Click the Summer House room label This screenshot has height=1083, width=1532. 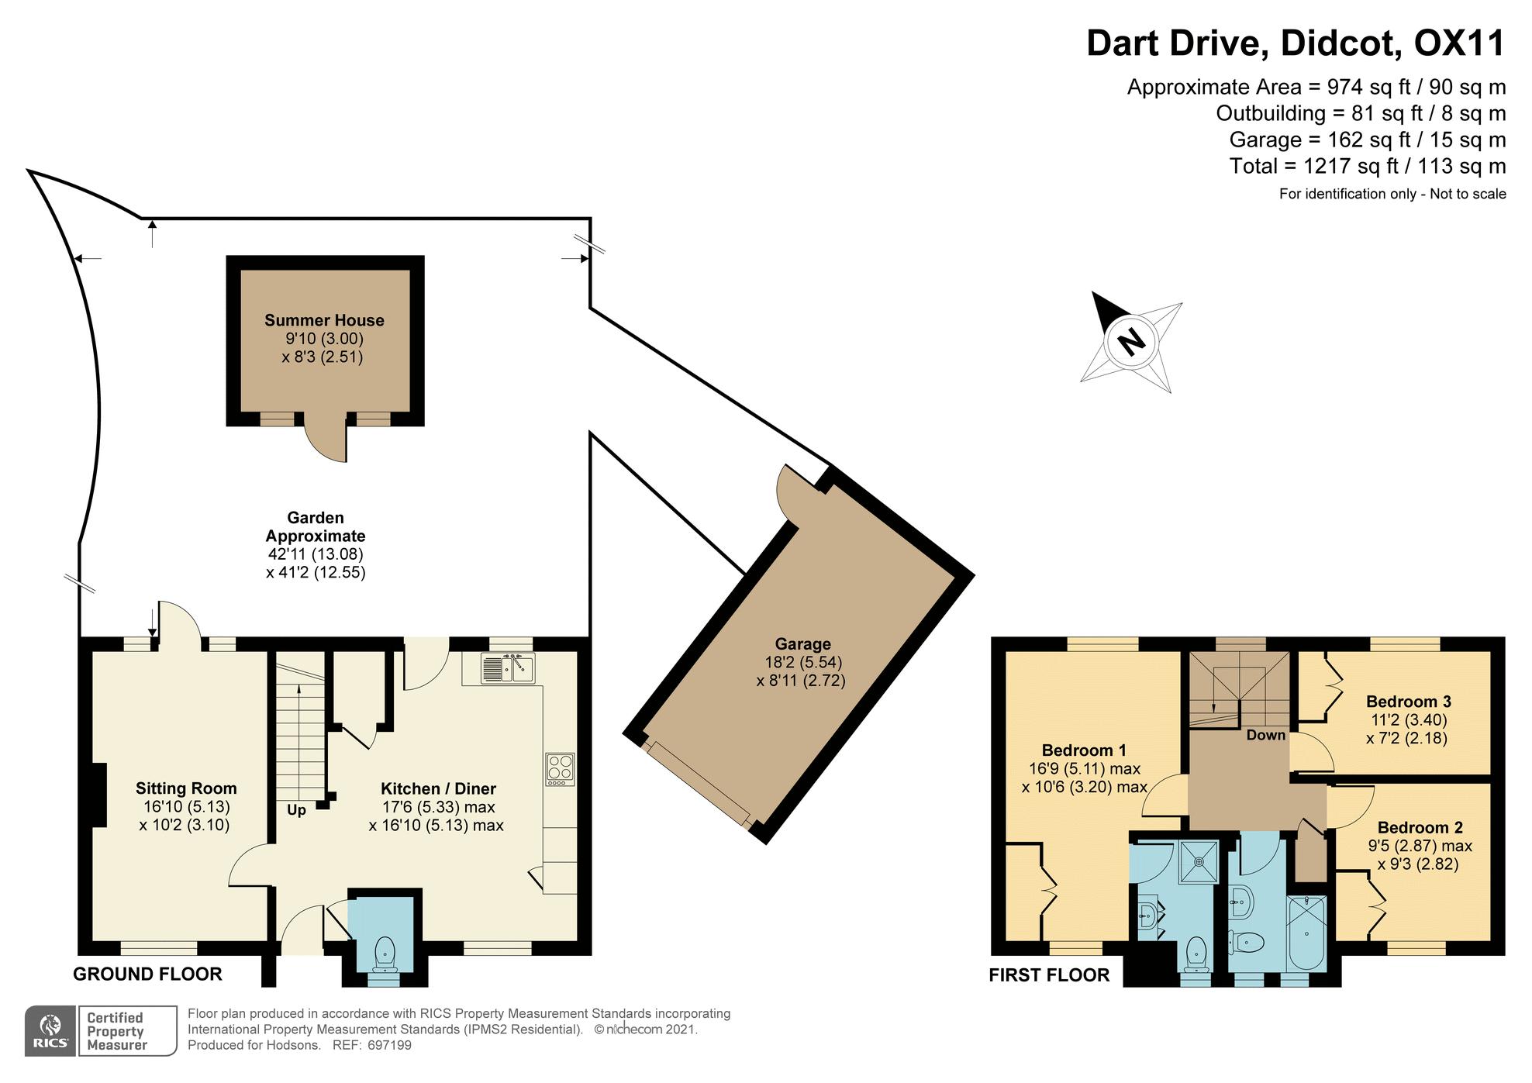tap(324, 320)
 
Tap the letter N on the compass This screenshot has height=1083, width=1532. tap(1132, 341)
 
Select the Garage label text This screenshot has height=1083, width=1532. tap(802, 643)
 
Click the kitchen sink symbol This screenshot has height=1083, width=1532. tap(508, 668)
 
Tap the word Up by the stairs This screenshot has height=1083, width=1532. tap(296, 810)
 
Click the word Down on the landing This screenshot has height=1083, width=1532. tap(1265, 735)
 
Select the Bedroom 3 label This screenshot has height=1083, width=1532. tap(1408, 702)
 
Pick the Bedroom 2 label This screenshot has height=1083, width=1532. tap(1420, 828)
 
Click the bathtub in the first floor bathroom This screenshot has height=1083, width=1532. tap(1306, 933)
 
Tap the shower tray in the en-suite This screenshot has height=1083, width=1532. tap(1199, 861)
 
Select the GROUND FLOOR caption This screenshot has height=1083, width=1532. tap(147, 974)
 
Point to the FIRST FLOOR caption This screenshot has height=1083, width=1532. tap(1049, 975)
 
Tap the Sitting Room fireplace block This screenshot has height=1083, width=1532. tap(99, 795)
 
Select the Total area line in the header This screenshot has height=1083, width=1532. tap(1368, 166)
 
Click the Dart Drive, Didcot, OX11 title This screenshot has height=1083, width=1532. tap(1296, 43)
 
